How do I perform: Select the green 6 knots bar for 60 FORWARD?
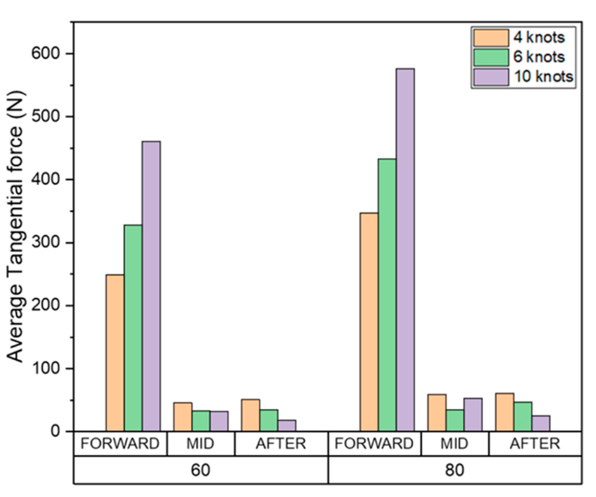coord(133,328)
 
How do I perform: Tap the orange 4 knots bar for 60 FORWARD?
coord(115,353)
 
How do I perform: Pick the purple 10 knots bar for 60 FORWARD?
coord(151,286)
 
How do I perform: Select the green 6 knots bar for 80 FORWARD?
coord(387,295)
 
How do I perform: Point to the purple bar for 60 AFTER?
coord(287,426)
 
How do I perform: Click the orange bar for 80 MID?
coord(437,413)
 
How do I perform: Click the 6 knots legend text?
coord(539,57)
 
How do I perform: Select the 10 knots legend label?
coord(543,76)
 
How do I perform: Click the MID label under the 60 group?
coord(201,444)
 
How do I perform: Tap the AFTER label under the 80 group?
coord(535,444)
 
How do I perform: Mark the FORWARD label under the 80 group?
coord(374,444)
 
